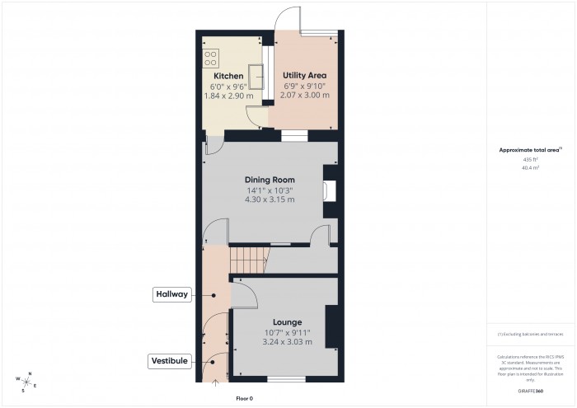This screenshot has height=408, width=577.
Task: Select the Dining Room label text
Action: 270,180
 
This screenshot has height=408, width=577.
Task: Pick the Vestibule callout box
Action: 171,361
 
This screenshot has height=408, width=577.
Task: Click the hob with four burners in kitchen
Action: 209,59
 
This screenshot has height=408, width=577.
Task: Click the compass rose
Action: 26,382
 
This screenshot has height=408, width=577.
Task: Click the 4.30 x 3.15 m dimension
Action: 270,200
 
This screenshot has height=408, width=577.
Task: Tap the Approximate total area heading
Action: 529,149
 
